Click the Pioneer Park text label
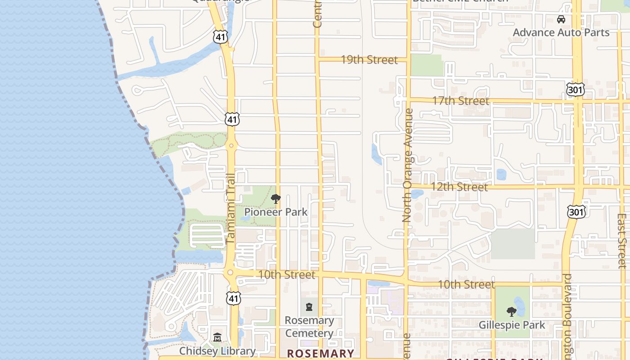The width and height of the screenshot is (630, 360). (276, 212)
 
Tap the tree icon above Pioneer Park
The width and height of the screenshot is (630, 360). (276, 198)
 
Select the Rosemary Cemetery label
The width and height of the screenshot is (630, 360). (309, 327)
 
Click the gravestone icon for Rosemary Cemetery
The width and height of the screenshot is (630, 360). (309, 307)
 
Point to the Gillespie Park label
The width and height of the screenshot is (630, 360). (512, 325)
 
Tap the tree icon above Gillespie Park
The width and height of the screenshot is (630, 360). (511, 311)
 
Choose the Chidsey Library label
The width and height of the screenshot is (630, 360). (217, 351)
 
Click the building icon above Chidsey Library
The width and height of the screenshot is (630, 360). (217, 337)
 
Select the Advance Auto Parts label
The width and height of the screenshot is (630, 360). (561, 32)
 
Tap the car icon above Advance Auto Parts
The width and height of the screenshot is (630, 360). (561, 19)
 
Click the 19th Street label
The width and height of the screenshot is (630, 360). (369, 60)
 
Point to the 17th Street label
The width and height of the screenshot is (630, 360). (461, 101)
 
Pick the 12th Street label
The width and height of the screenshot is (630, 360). (459, 187)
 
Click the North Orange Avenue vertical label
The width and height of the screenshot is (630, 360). (408, 165)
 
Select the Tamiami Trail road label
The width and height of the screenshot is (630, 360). (231, 209)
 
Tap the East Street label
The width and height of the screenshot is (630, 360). (622, 241)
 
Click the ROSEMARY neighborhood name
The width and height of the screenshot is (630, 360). (320, 353)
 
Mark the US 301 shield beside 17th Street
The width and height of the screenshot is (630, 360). (576, 90)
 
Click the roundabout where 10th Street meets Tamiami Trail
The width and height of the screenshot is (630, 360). (230, 272)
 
